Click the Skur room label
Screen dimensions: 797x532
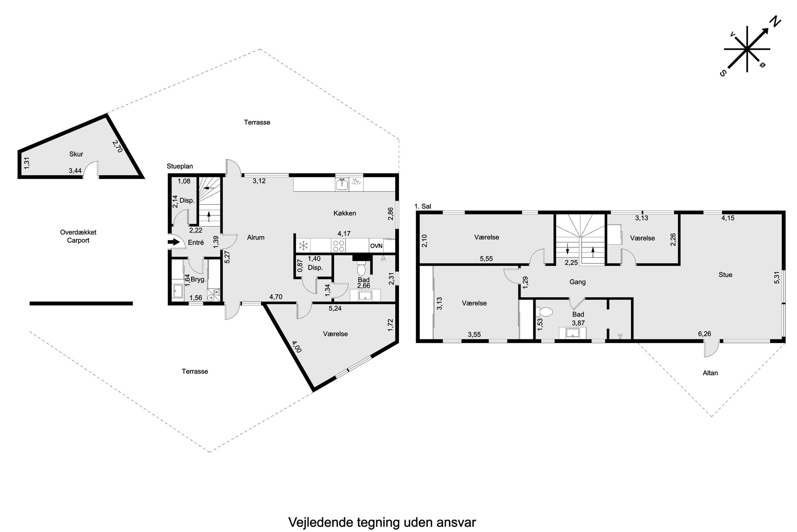[76, 154]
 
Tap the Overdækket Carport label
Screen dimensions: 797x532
[78, 236]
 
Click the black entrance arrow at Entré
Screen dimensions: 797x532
[174, 242]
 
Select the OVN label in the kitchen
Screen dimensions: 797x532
[376, 246]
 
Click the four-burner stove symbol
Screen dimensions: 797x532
[338, 246]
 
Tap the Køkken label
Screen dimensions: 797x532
[345, 213]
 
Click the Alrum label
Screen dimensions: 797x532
[255, 237]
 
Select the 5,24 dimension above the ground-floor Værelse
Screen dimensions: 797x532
[335, 309]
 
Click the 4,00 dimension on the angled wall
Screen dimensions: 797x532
[297, 347]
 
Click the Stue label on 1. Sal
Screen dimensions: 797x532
[725, 275]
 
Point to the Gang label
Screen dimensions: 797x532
[577, 282]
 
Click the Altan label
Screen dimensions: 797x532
[710, 373]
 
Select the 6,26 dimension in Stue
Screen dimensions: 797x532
[705, 333]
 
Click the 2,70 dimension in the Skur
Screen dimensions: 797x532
[117, 146]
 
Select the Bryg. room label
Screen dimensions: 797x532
[198, 279]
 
